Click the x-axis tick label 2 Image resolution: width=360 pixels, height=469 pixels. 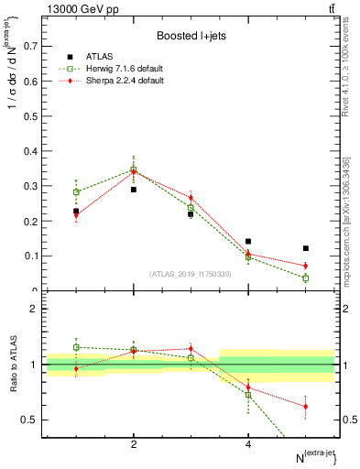click(x=134, y=444)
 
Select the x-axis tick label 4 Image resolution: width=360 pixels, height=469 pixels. click(x=248, y=444)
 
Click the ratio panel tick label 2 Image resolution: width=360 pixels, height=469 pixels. click(x=38, y=310)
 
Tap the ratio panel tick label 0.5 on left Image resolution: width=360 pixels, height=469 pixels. click(x=32, y=420)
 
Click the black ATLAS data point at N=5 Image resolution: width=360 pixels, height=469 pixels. click(x=306, y=248)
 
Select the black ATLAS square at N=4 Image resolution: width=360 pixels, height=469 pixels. click(x=248, y=242)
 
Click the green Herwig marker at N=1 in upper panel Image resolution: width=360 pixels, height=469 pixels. click(x=76, y=192)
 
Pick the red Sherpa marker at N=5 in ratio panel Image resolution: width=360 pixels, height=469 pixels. click(x=306, y=406)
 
